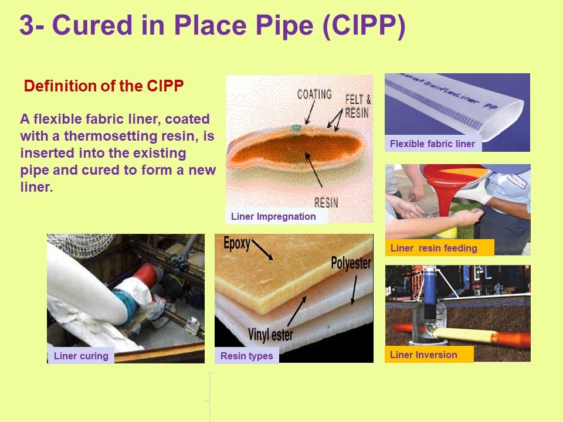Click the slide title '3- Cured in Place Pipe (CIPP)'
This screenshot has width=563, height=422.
212,25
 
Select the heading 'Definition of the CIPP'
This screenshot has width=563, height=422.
104,86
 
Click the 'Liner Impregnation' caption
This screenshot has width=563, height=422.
273,216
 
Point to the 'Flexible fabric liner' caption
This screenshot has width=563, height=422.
432,144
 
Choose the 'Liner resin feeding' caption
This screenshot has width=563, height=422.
434,248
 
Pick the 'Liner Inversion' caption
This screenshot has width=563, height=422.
423,355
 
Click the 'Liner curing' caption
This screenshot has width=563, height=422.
81,356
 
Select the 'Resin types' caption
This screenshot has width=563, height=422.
247,356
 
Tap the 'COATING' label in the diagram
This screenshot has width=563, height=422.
314,94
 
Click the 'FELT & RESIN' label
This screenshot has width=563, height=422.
358,106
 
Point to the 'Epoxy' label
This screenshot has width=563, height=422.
236,243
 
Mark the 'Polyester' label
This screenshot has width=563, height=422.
351,263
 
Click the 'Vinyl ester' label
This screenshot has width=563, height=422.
270,335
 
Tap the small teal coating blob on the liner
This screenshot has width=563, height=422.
296,127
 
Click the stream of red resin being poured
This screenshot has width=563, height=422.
445,201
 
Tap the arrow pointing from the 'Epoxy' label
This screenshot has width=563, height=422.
262,250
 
